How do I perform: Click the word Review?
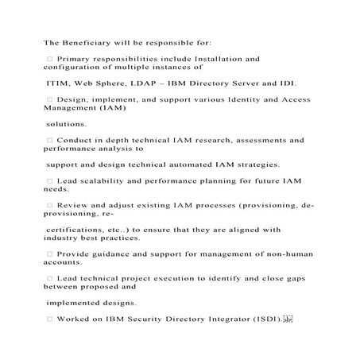click(75, 205)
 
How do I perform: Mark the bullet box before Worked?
click(50, 319)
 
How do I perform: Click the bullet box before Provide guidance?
click(50, 254)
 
